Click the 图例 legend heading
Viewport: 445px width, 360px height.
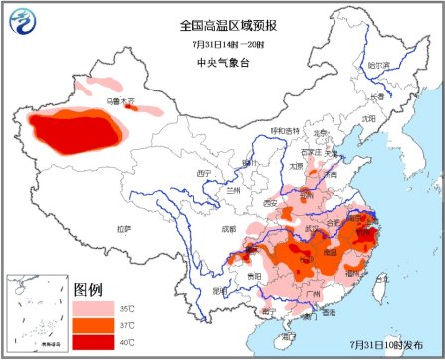coord(88,290)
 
